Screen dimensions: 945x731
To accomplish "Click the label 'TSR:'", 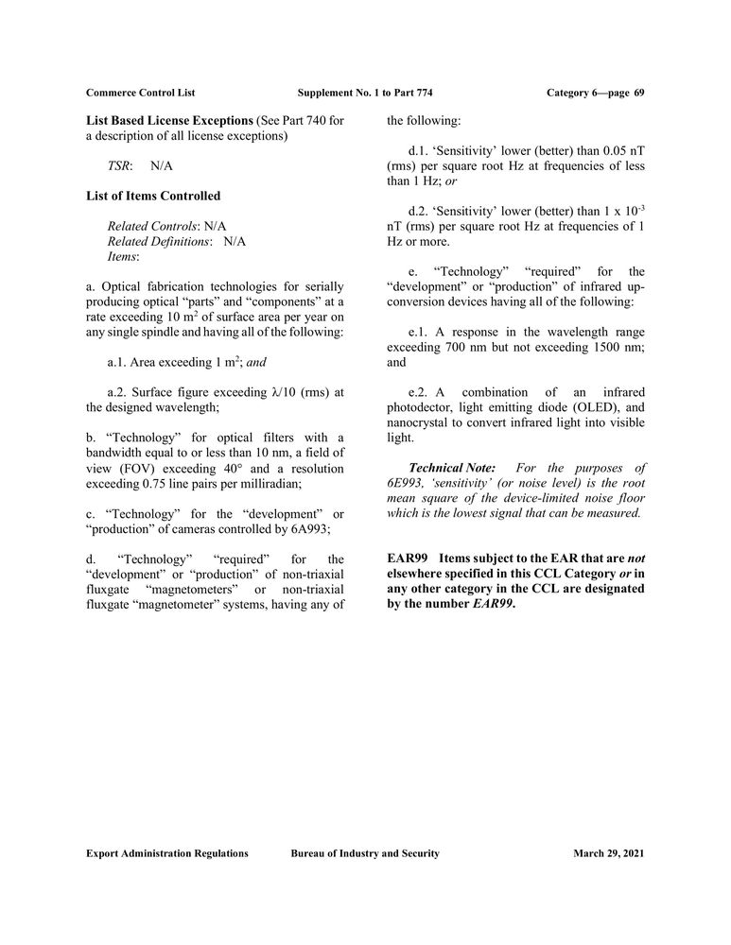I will coord(119,165).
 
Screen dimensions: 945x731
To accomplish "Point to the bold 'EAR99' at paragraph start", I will coord(407,559).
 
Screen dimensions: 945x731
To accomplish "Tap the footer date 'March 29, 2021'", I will coord(609,853).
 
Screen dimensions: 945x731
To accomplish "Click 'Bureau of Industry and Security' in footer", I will coord(365,853).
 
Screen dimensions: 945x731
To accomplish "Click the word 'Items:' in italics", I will coord(123,256).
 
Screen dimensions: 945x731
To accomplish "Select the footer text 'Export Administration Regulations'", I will coord(167,853).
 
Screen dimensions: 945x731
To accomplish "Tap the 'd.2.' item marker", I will coord(420,211).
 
